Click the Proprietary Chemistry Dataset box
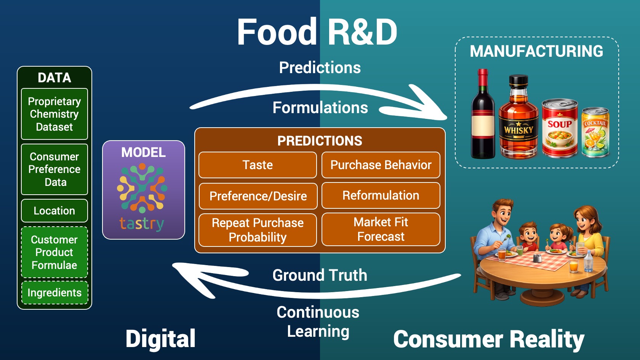click(x=54, y=114)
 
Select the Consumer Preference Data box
click(x=54, y=169)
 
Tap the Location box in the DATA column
click(x=54, y=211)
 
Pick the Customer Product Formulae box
click(x=54, y=252)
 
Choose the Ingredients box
click(x=54, y=293)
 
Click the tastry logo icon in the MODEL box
click(x=142, y=188)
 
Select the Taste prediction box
click(x=258, y=165)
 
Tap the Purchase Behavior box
click(x=381, y=165)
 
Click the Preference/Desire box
click(x=258, y=196)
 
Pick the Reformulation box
click(x=381, y=195)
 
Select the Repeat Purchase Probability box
click(x=258, y=230)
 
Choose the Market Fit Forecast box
click(x=381, y=229)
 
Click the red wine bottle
click(x=483, y=116)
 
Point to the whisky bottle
click(x=518, y=120)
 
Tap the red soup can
click(x=560, y=129)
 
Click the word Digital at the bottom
click(x=160, y=339)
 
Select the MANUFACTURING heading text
click(x=536, y=51)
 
